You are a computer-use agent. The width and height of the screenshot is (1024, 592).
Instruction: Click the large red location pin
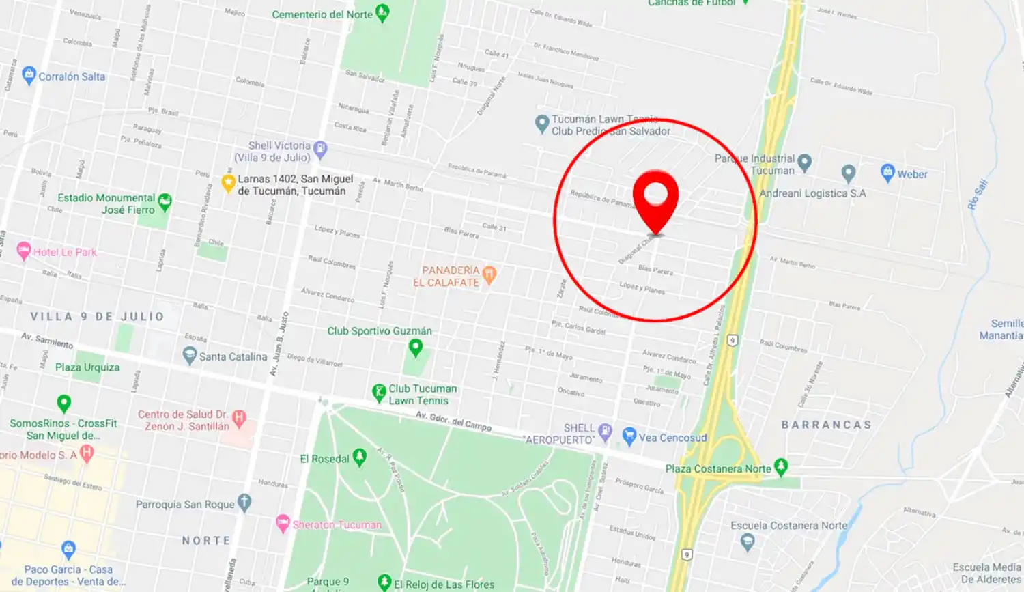click(x=655, y=195)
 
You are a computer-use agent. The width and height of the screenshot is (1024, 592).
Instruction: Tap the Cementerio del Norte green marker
click(x=383, y=13)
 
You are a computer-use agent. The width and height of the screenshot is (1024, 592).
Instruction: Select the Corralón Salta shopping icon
click(x=29, y=75)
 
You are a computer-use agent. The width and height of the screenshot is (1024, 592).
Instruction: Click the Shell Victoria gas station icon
click(x=320, y=148)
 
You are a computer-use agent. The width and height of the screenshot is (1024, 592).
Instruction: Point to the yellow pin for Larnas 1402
click(x=229, y=183)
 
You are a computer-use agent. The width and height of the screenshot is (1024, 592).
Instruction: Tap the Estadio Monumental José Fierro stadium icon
click(x=165, y=201)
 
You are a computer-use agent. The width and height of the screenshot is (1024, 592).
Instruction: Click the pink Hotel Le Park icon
click(x=24, y=251)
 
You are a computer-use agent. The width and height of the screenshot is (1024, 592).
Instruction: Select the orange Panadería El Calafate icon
click(x=489, y=274)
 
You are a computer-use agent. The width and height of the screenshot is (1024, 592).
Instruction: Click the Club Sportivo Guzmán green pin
click(x=415, y=348)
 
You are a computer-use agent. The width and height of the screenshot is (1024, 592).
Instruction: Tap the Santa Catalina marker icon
click(x=190, y=355)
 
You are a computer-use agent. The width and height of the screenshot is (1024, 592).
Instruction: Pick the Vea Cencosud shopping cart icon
click(x=629, y=436)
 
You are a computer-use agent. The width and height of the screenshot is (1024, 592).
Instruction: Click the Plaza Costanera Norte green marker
click(x=781, y=467)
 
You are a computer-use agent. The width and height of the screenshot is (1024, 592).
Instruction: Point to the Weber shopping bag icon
click(x=887, y=172)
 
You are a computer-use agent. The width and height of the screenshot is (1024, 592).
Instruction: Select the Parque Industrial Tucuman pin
click(x=805, y=163)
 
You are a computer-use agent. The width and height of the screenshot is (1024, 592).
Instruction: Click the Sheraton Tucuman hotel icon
click(x=283, y=524)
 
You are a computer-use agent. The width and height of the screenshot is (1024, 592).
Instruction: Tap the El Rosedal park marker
click(x=360, y=457)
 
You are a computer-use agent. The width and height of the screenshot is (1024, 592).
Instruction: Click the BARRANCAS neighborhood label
click(x=827, y=425)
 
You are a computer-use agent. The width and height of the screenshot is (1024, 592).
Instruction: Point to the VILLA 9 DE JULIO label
click(x=97, y=316)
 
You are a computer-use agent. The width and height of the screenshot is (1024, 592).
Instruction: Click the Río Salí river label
click(x=978, y=194)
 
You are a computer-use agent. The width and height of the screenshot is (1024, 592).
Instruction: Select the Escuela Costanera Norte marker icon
click(x=748, y=542)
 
